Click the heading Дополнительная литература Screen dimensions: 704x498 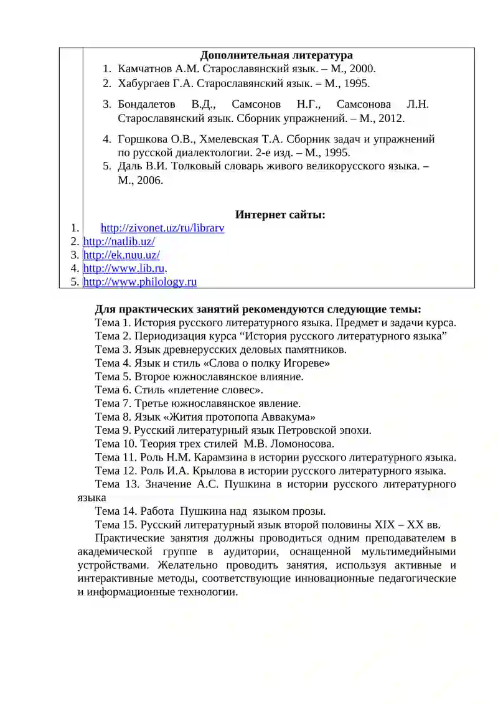point(276,56)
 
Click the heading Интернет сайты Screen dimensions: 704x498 point(280,215)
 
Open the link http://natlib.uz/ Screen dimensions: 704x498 point(119,242)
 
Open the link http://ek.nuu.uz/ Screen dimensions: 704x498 point(121,255)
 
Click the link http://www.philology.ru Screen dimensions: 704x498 point(140,282)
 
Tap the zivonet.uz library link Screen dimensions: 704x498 point(162,228)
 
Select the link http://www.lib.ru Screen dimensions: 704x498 point(124,268)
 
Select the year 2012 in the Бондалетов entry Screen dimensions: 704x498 point(391,118)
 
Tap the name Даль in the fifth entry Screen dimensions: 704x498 point(129,166)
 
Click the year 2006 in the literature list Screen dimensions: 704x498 point(149,181)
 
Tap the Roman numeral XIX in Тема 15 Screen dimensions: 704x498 point(388,525)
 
